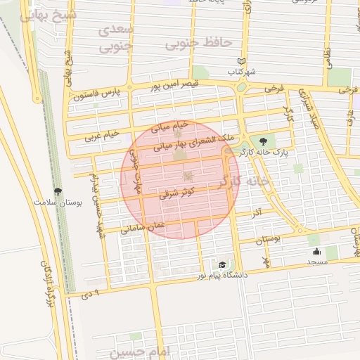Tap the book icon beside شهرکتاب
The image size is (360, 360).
click(243, 61)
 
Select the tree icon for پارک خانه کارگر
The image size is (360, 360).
click(264, 141)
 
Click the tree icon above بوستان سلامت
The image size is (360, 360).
click(58, 191)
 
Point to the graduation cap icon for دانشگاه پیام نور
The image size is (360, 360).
click(222, 264)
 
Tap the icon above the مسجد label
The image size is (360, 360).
click(316, 252)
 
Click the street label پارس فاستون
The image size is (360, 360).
click(95, 92)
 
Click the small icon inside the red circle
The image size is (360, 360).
click(188, 176)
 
